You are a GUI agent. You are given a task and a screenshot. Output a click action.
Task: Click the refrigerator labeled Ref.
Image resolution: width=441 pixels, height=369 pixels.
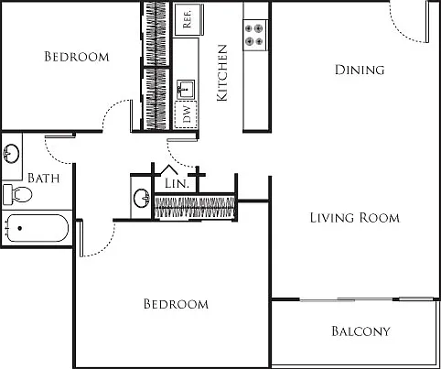188,20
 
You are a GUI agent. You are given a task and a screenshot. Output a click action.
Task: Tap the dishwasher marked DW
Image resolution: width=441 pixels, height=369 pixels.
186,114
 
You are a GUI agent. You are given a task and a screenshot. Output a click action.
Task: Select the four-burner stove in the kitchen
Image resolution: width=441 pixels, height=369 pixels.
255,35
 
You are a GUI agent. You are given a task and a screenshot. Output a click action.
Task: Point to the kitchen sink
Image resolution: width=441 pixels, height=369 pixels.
186,90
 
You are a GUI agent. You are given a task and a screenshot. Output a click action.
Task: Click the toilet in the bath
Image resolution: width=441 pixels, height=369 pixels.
17,194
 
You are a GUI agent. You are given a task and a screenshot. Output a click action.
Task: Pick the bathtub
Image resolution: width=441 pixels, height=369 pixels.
36,228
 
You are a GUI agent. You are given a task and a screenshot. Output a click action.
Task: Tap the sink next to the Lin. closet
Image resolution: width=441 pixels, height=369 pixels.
142,198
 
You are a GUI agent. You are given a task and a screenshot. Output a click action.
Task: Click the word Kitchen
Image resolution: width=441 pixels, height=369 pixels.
222,73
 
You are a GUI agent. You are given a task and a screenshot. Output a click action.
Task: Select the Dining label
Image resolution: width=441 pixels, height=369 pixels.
360,70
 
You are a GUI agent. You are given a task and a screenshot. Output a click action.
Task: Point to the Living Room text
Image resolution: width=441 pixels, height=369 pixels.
355,218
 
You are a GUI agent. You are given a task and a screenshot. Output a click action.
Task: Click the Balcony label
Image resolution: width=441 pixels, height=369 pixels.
360,331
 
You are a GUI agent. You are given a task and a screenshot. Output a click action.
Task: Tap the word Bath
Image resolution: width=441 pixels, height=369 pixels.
44,178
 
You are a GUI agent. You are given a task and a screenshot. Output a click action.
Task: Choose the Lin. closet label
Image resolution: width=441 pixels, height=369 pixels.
177,183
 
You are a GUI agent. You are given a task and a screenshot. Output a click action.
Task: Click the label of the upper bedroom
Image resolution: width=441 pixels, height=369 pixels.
77,57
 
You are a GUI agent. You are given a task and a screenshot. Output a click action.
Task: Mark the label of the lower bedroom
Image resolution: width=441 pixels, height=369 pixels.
176,304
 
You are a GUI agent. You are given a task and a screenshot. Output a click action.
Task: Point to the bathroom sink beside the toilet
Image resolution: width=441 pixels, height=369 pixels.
11,153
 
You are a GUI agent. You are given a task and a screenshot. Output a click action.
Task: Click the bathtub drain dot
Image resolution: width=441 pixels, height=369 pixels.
20,228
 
